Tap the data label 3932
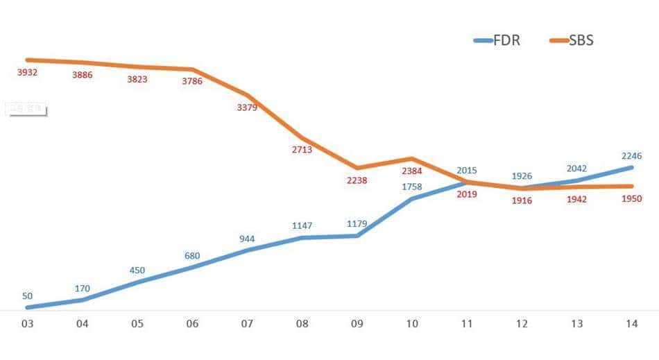[x=27, y=72]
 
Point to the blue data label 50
[x=27, y=295]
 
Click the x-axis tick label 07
[x=248, y=325]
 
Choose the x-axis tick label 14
[x=631, y=325]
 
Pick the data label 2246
[x=631, y=155]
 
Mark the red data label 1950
[x=631, y=199]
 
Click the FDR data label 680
[x=192, y=255]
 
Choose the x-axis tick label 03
[x=27, y=325]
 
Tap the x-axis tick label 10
[x=411, y=325]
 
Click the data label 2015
[x=467, y=170]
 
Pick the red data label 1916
[x=522, y=200]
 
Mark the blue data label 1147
[x=302, y=225]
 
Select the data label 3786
[x=192, y=80]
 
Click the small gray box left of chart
[x=26, y=108]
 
